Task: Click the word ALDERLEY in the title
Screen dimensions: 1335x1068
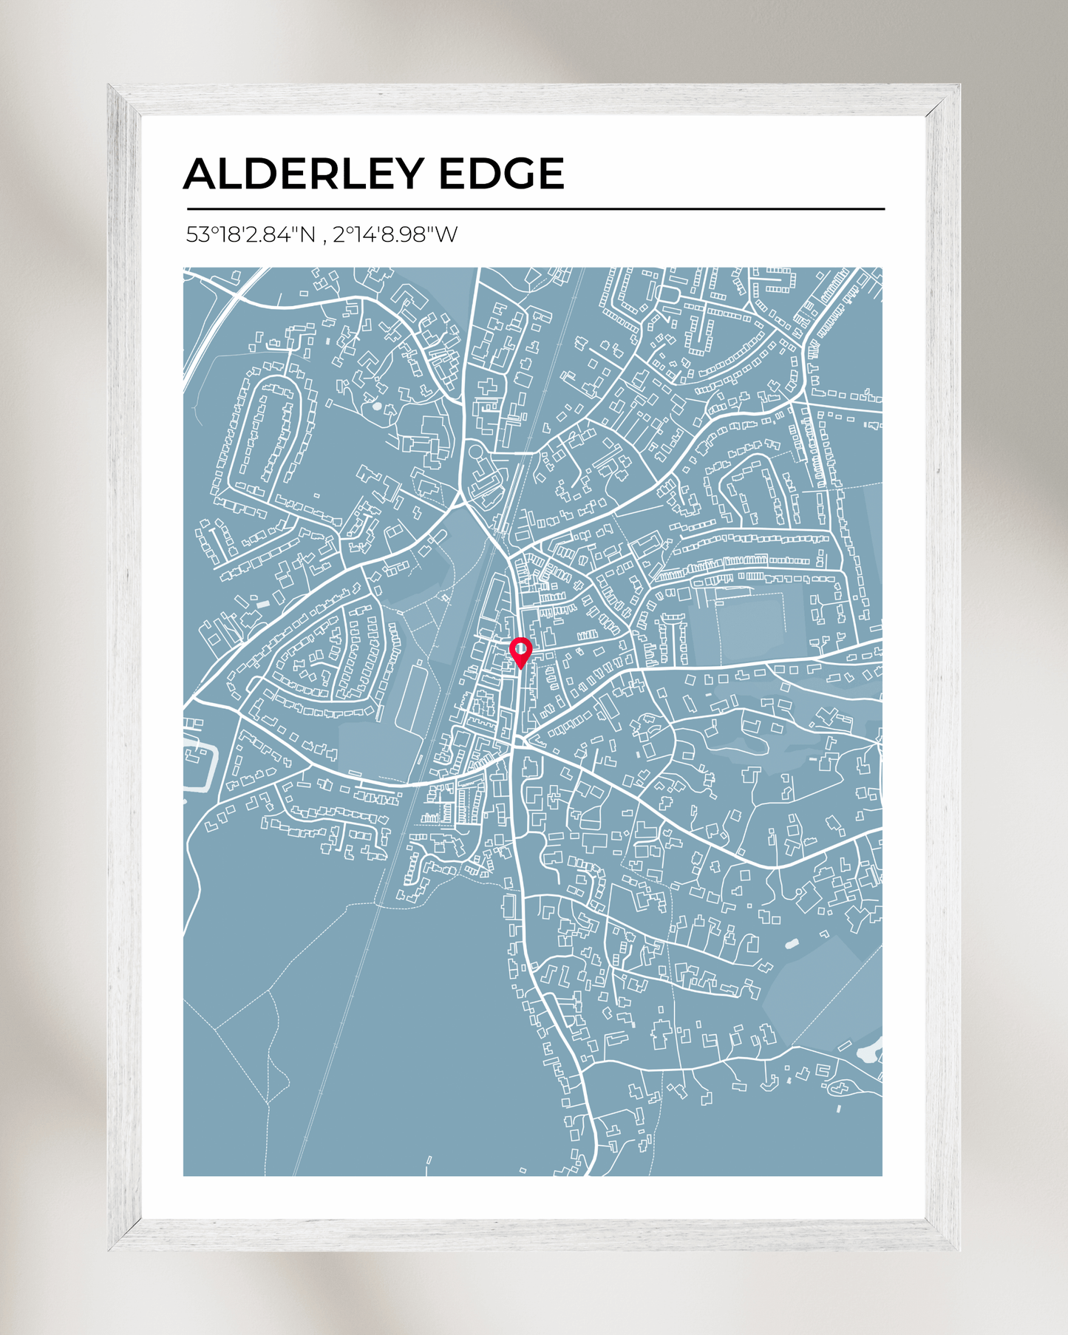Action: click(x=303, y=174)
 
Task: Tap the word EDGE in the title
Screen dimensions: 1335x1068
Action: click(x=501, y=174)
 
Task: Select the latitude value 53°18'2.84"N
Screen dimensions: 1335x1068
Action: click(x=250, y=235)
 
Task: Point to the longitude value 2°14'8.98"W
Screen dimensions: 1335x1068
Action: click(x=395, y=235)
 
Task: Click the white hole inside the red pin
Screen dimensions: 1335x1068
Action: click(x=521, y=649)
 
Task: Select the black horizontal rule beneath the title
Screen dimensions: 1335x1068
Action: click(x=535, y=209)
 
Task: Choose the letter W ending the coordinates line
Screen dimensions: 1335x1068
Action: click(x=446, y=235)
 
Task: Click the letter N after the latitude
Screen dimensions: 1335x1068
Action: click(x=306, y=235)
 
